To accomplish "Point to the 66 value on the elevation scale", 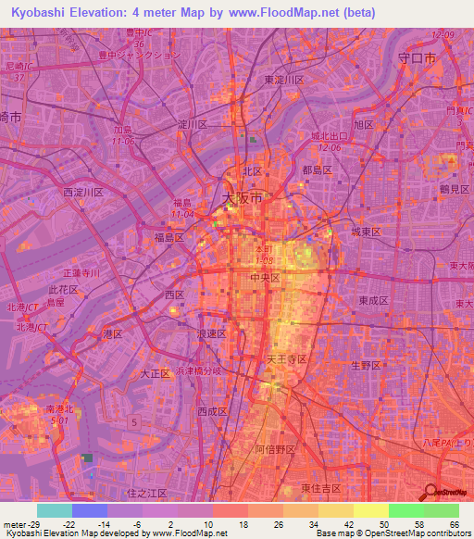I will (x=453, y=525).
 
